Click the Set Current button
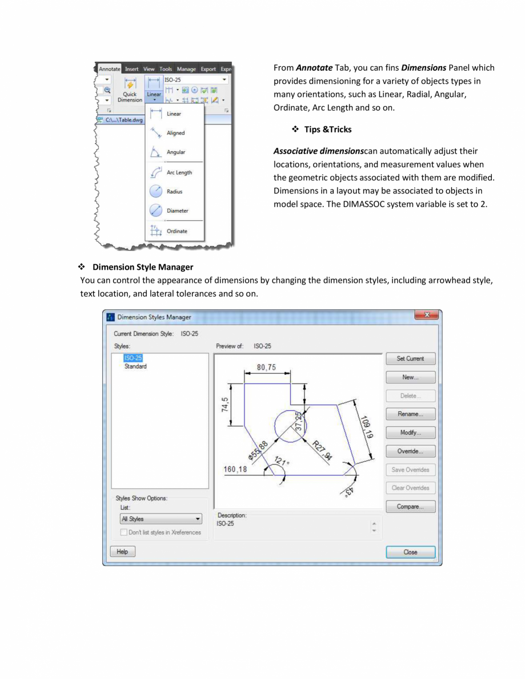tap(410, 359)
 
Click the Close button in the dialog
tap(410, 552)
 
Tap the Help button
tap(122, 552)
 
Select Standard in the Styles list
tap(135, 366)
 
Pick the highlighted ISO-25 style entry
tap(133, 358)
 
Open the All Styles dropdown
tap(161, 519)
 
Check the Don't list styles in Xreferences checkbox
tap(124, 532)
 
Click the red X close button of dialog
tap(427, 316)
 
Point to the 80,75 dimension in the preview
tap(267, 367)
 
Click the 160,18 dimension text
tap(235, 470)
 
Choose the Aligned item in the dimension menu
tap(175, 134)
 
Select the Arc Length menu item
tap(179, 172)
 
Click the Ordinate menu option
tap(177, 231)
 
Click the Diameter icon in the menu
tap(156, 211)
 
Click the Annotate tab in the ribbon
tap(109, 69)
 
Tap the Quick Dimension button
tap(133, 90)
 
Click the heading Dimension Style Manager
tap(143, 267)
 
